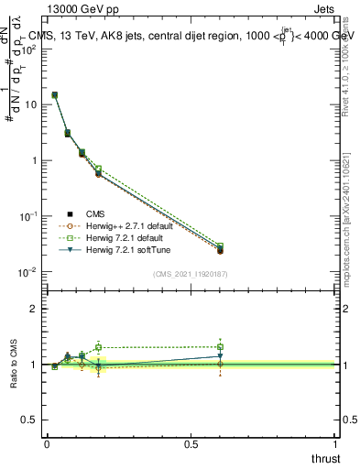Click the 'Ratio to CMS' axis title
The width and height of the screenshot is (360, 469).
pos(12,365)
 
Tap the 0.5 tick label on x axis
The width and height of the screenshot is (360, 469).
pos(191,443)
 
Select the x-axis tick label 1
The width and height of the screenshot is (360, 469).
pos(337,443)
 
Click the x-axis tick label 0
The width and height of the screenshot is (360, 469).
pos(47,443)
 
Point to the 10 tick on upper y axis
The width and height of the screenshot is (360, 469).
pos(31,104)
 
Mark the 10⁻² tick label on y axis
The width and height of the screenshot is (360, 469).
pos(28,272)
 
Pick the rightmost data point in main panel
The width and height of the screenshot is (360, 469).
pos(220,249)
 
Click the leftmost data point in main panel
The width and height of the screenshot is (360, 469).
pos(54,94)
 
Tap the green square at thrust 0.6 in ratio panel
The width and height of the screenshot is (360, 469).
pos(220,347)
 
